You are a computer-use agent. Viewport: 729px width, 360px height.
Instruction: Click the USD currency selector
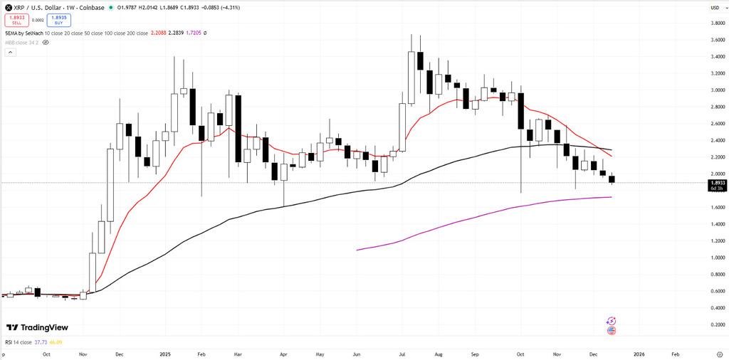tap(713, 8)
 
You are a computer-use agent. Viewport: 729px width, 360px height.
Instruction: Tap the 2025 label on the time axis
tap(165, 354)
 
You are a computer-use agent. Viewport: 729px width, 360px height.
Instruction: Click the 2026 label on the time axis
tap(639, 354)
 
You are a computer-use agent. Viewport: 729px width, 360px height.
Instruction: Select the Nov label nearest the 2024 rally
tap(83, 354)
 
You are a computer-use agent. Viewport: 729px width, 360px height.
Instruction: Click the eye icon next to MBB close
tap(46, 42)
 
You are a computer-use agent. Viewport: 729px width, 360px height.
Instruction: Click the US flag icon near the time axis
tap(611, 331)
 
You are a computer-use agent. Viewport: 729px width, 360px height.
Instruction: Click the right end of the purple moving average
tap(612, 197)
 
